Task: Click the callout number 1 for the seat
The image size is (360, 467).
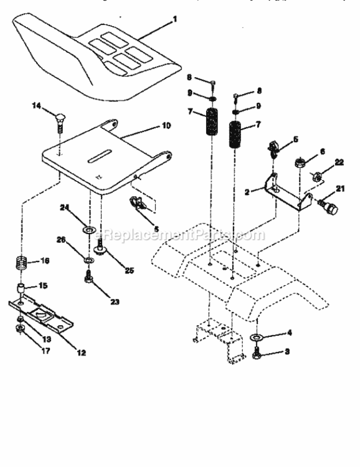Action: point(175,19)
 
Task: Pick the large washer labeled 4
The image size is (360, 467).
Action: point(256,337)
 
